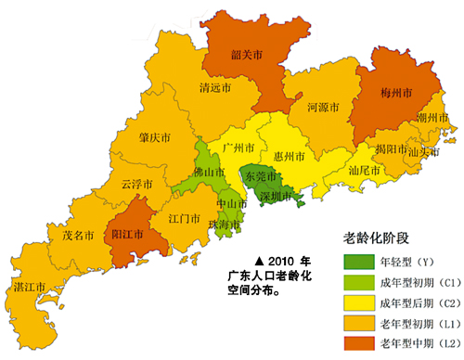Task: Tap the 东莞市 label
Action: [259, 175]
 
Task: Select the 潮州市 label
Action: [432, 119]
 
